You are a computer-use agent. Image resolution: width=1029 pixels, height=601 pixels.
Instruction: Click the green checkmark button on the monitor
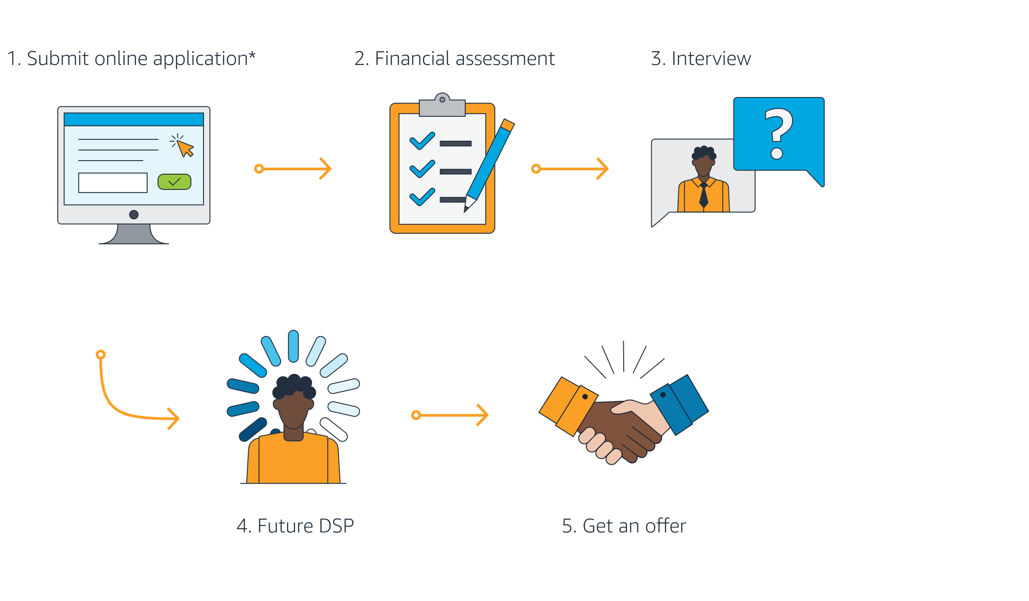[x=174, y=182]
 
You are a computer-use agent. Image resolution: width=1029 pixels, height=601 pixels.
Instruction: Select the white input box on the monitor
[x=113, y=183]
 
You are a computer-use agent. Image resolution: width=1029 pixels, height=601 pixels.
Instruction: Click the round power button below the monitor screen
[x=134, y=215]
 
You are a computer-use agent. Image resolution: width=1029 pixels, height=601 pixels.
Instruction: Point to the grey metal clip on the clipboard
[x=442, y=106]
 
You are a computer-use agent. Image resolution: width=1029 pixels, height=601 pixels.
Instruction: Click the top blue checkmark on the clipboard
[x=422, y=141]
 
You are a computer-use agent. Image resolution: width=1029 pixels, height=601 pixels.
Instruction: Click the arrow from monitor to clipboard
[x=293, y=169]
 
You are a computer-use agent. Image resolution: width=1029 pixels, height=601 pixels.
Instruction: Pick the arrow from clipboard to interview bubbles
[x=570, y=169]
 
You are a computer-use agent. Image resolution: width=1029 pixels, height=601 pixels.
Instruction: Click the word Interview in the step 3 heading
[x=711, y=59]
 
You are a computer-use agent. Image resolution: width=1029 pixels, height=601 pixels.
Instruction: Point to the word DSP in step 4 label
[x=336, y=526]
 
